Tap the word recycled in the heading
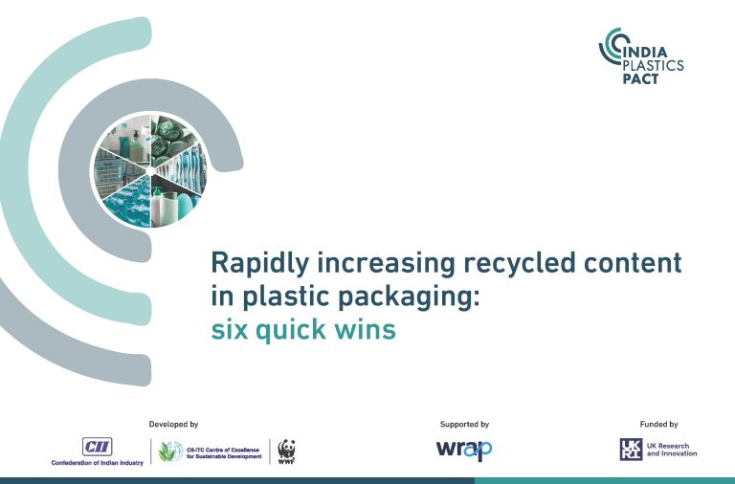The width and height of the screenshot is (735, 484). pos(519,263)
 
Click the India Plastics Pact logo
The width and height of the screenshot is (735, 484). pos(641,56)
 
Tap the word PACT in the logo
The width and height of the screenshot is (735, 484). pos(640,78)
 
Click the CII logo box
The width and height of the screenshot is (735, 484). pos(97,447)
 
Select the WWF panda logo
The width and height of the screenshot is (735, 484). pos(286,451)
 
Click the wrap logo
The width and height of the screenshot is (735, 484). pos(464,451)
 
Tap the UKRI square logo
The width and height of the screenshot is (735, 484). pos(631,450)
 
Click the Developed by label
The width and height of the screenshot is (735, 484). pos(173,425)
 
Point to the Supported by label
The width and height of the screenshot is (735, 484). pos(464,425)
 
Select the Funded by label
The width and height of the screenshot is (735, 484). pos(658,425)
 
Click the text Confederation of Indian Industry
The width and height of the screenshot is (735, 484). pos(98,463)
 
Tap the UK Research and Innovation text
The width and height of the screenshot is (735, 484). pos(672,450)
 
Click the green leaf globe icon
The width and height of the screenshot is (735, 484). pos(170,451)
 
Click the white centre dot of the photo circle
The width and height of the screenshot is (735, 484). pos(150,171)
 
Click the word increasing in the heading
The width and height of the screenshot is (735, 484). pos(387,263)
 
